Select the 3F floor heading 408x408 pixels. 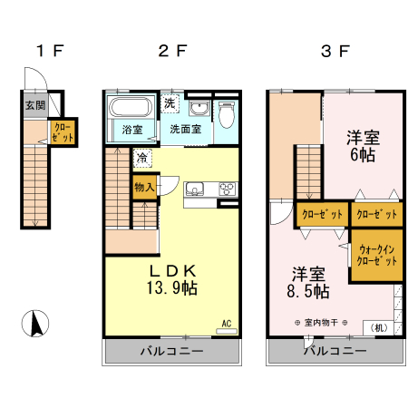coord(335,51)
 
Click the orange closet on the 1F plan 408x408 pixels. coord(63,132)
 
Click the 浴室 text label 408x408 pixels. coord(132,130)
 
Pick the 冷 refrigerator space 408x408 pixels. coord(142,159)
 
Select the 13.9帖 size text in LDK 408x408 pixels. coord(173,288)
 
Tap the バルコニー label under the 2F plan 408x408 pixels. coord(171,351)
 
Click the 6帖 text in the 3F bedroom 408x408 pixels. coord(363,155)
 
